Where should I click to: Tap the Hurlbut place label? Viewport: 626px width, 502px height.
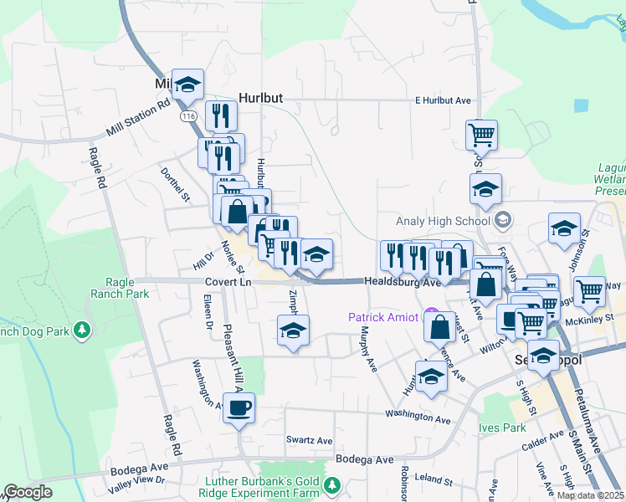coord(260,98)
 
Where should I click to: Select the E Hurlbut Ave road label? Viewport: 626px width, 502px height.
coord(444,100)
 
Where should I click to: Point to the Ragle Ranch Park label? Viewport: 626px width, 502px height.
coord(115,288)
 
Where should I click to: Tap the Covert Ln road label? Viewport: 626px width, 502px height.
coord(228,283)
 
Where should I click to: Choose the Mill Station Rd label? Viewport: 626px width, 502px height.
coord(138,120)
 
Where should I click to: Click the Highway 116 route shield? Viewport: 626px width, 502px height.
coord(187,114)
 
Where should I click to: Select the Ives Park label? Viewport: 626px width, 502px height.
coord(502,428)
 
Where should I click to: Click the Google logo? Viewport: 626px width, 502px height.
coord(28,492)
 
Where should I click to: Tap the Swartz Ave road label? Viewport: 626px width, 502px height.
coord(309,441)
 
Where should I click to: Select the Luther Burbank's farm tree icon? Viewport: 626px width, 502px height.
coord(332,484)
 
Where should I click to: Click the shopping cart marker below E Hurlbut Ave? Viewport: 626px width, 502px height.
coord(481,134)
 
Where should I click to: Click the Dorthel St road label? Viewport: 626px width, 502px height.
coord(176,185)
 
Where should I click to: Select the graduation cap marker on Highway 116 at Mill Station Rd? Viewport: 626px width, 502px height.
coord(187,84)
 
